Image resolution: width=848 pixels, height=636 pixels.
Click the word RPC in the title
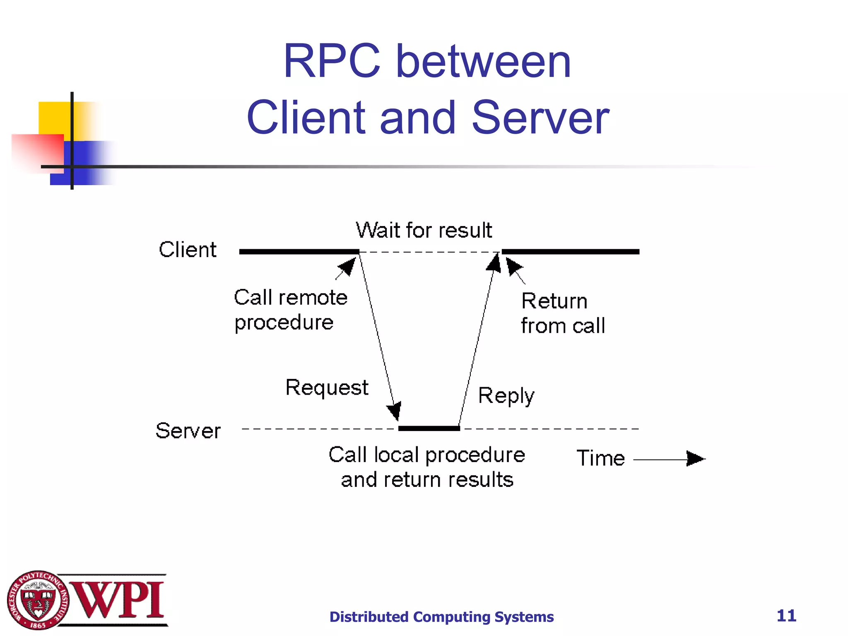tap(331, 62)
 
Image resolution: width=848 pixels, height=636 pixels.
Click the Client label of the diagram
tap(188, 250)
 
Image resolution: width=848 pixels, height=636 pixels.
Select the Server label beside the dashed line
tap(188, 431)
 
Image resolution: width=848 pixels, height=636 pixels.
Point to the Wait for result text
tap(424, 230)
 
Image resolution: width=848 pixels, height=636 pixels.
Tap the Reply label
tap(506, 396)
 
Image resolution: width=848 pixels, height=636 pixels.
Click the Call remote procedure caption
tap(290, 310)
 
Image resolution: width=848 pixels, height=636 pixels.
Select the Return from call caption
tap(562, 313)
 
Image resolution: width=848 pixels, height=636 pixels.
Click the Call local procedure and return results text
tap(426, 467)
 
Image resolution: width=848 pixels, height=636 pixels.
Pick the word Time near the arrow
tap(600, 458)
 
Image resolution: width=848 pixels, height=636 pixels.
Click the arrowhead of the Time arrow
tap(696, 459)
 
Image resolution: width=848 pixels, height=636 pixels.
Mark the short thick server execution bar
tap(429, 428)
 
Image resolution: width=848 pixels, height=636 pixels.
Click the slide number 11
tap(786, 616)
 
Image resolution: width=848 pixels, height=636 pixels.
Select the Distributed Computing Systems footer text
tap(441, 617)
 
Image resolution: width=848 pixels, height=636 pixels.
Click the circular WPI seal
tap(38, 600)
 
